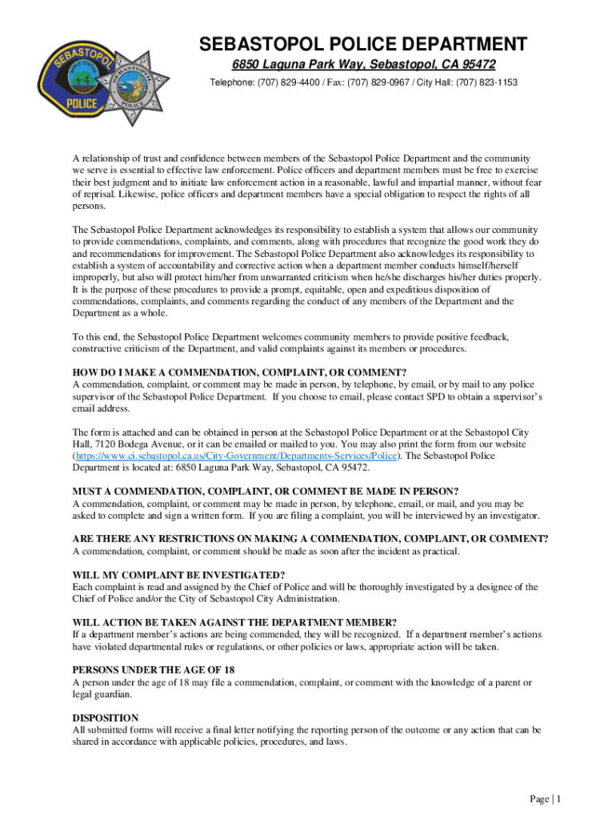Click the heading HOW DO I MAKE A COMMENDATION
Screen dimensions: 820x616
point(239,373)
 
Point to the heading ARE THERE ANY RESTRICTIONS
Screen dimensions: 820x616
point(310,539)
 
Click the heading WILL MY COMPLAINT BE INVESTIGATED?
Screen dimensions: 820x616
point(178,575)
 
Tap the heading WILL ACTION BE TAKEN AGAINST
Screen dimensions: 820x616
point(234,622)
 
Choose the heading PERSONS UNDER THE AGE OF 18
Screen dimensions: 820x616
point(153,669)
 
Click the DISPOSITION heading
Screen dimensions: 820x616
point(106,717)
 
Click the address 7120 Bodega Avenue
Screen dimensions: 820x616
point(136,444)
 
